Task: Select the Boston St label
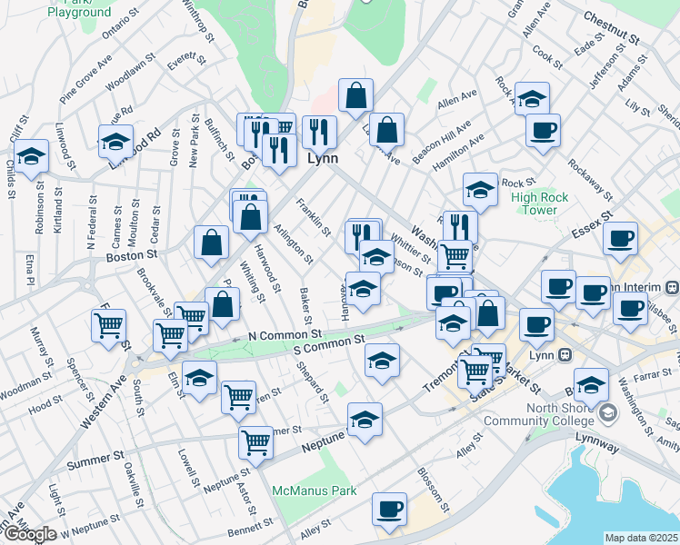click(125, 258)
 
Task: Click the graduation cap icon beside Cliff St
click(31, 155)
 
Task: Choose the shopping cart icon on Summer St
click(256, 441)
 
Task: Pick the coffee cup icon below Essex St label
click(622, 239)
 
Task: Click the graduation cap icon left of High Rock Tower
click(480, 190)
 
